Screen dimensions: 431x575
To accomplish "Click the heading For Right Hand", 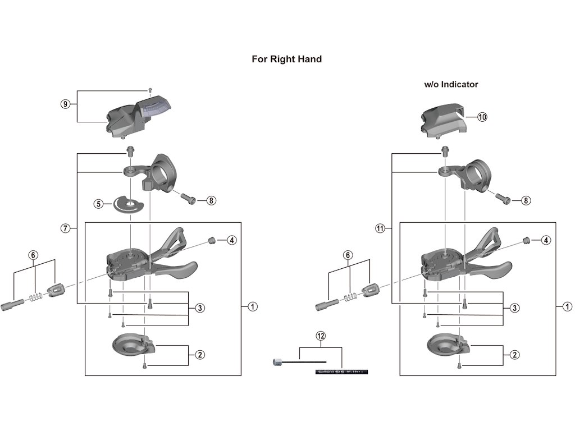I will point(286,59).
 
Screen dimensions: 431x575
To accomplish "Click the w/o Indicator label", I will point(451,84).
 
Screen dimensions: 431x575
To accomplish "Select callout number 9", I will point(66,104).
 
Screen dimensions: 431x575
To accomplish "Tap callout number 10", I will point(482,117).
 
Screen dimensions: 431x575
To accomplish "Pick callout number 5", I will point(99,204).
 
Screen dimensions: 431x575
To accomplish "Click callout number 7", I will point(66,228).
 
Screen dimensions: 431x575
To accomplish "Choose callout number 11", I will point(380,228).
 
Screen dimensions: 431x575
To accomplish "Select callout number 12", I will point(321,336).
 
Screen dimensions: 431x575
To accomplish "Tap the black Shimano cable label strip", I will point(341,371).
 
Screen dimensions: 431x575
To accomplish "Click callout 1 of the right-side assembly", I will point(567,306).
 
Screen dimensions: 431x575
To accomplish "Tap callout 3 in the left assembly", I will point(200,308).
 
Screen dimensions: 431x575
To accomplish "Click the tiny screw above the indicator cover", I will point(150,90).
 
